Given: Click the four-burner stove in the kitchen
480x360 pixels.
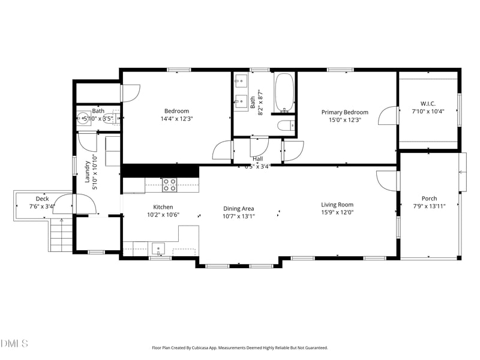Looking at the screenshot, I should (170, 185).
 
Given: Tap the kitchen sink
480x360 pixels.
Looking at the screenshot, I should (158, 248).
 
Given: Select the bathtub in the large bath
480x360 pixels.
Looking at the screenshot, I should (284, 93).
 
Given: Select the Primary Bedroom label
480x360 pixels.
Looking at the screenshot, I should (344, 112).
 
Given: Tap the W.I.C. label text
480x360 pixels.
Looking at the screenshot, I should (428, 103).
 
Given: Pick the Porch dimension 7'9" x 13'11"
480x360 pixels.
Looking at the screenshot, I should (429, 206).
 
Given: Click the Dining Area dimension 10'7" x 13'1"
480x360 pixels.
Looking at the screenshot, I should (239, 216).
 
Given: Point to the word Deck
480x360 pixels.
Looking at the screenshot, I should (42, 199).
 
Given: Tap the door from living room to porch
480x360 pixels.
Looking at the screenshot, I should (387, 180).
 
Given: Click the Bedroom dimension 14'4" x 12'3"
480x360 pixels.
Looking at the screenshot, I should (176, 119).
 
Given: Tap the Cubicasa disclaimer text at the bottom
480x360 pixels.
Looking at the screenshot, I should (240, 347).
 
